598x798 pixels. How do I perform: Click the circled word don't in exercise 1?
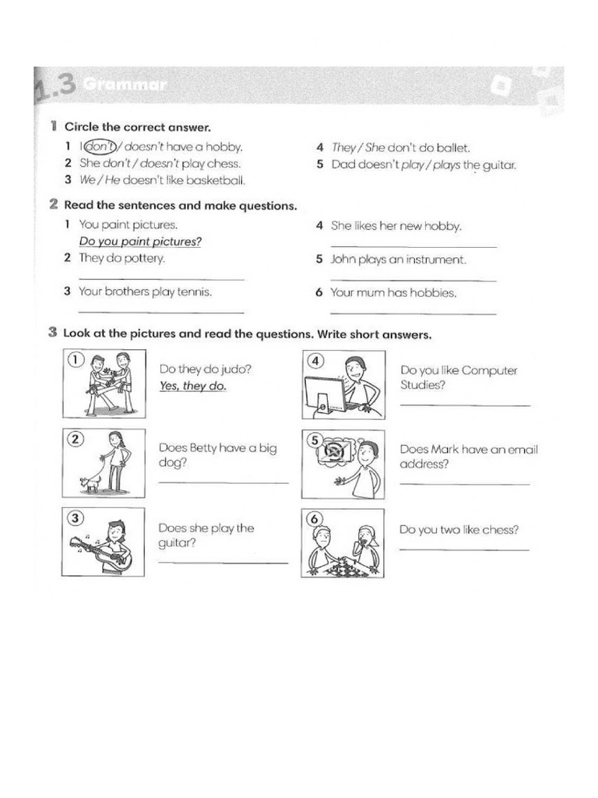100,147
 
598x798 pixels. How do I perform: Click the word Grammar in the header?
125,84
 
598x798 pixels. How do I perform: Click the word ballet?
453,148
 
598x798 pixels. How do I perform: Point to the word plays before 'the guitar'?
446,165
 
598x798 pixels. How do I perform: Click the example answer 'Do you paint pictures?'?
140,242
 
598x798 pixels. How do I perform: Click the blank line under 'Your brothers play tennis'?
162,312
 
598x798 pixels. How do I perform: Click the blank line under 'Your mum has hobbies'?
413,313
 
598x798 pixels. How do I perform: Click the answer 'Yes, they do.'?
193,386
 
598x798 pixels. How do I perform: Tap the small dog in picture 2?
90,485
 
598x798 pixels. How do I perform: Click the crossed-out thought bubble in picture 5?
335,451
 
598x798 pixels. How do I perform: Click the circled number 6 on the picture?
315,519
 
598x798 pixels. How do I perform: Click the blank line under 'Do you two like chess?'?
464,550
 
